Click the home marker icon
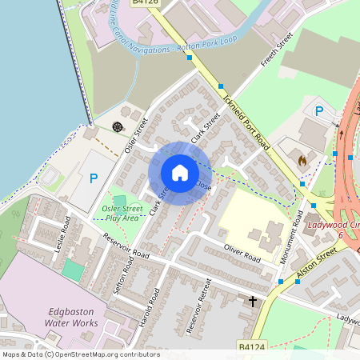(179, 173)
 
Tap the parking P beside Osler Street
(94, 179)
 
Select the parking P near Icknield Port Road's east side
(319, 111)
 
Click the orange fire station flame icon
(302, 160)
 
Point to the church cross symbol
(254, 302)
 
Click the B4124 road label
(251, 346)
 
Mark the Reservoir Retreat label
(198, 308)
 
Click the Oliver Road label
(242, 254)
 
